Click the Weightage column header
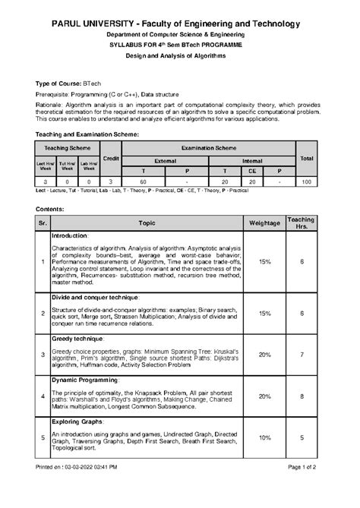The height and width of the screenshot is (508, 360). point(265,222)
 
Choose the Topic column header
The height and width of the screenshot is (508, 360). point(147,222)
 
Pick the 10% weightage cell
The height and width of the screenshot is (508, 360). point(265,437)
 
